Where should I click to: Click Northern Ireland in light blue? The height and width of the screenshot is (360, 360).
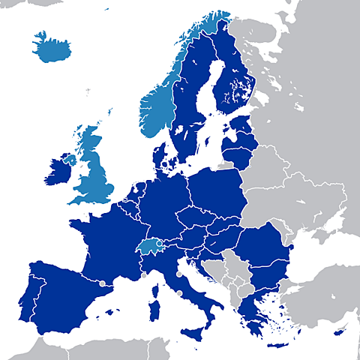[x=70, y=159]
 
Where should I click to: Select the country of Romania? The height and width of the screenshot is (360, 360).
[x=262, y=248]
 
